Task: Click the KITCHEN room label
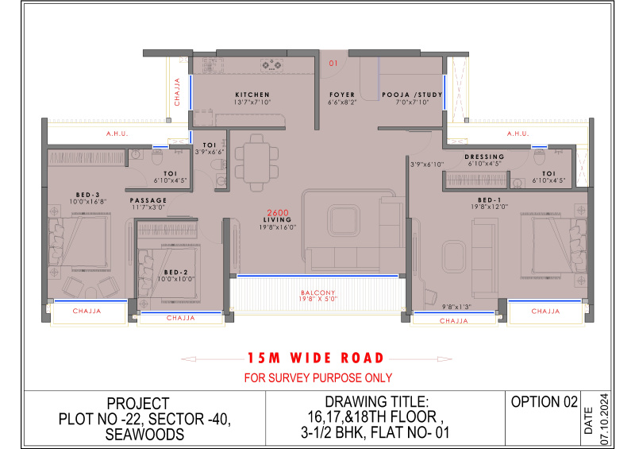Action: tap(252, 95)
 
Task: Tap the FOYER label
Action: tap(342, 95)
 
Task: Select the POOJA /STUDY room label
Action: tap(411, 95)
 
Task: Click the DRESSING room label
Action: tap(484, 157)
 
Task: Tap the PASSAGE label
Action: tap(148, 200)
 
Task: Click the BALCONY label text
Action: tap(316, 292)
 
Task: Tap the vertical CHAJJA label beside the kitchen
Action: tap(178, 91)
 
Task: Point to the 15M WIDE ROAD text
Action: tap(316, 358)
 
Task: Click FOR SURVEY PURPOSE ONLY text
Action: tap(317, 377)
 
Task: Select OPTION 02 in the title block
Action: tap(545, 402)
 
